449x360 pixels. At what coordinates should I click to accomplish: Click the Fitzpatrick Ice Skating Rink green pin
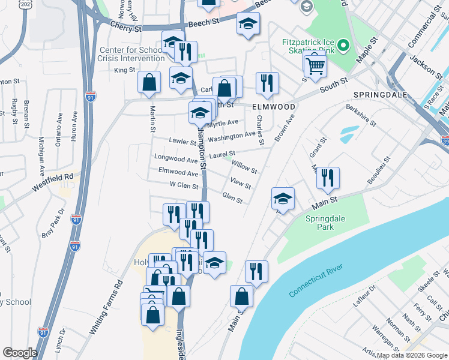coord(343,45)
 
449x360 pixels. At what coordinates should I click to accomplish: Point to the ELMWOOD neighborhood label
coord(273,107)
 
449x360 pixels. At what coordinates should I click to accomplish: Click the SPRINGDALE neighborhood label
coord(380,95)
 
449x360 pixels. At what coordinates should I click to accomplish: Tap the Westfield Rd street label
coord(52,178)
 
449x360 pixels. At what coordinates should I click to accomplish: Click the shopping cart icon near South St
coord(315,64)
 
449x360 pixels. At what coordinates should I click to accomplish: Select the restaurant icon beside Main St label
coord(328,177)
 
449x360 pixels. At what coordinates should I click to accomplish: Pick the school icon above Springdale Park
coord(283,197)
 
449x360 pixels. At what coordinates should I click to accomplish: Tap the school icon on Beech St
coord(248,25)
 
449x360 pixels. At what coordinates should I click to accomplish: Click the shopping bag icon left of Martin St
coord(149,82)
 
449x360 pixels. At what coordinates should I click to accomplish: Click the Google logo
coord(20,353)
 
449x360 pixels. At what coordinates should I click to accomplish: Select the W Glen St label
coord(184,186)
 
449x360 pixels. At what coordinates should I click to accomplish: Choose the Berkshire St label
coord(361,115)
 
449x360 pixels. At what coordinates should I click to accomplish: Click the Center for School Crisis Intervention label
coord(132,54)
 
